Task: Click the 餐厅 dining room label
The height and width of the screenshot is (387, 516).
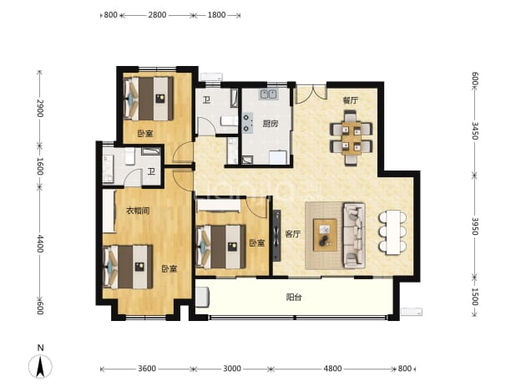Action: (x=350, y=100)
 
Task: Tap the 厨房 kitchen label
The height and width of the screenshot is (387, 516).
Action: (x=271, y=124)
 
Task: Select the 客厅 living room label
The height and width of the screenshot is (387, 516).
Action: (x=292, y=234)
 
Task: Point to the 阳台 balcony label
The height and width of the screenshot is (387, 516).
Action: (x=294, y=298)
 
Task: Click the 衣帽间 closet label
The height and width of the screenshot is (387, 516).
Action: (x=139, y=211)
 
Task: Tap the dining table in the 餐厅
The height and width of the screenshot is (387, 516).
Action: (x=352, y=138)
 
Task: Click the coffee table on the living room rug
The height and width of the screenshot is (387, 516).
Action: (x=325, y=235)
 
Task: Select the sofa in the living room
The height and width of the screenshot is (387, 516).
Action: (x=354, y=235)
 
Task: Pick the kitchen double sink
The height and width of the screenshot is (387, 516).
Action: (x=269, y=94)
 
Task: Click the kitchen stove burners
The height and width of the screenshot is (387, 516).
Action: (x=247, y=123)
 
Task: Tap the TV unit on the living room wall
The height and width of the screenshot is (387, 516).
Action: (x=276, y=236)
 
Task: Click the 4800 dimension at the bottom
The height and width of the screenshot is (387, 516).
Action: (x=332, y=369)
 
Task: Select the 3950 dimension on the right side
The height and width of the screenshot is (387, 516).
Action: (x=474, y=226)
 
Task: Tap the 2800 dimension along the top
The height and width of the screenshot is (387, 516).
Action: (x=157, y=15)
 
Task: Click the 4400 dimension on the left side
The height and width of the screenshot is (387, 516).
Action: (x=40, y=244)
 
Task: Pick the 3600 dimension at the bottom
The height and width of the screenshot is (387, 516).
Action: (x=147, y=369)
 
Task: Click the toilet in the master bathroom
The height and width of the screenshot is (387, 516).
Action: (x=130, y=156)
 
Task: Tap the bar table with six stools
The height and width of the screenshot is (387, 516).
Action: (x=392, y=232)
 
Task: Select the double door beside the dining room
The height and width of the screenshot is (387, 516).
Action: (x=311, y=94)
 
